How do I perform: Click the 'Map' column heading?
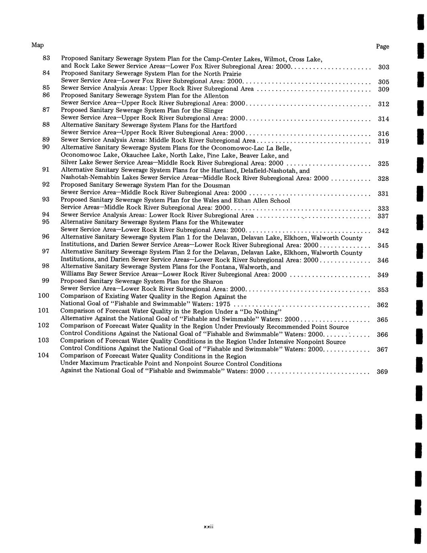(37, 45)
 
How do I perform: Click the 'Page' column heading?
(382, 46)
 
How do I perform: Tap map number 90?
(46, 147)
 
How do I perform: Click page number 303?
(384, 67)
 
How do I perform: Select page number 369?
(382, 372)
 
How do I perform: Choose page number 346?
(383, 260)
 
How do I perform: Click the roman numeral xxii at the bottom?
(208, 527)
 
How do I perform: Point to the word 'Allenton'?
(217, 96)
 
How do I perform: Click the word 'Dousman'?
(217, 185)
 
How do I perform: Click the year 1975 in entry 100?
(223, 304)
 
